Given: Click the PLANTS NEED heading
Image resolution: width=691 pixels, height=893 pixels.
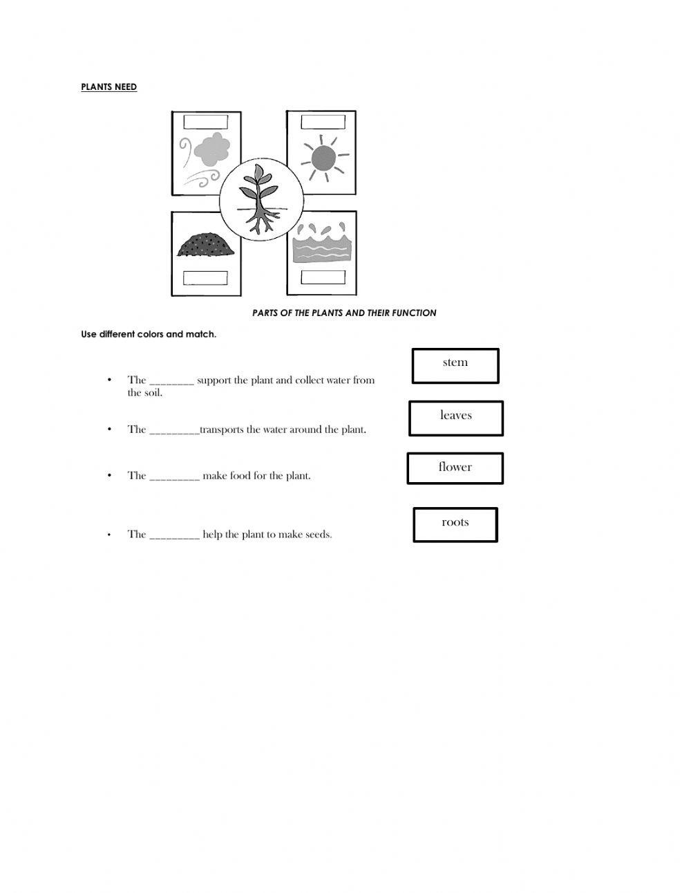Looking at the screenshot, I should pyautogui.click(x=109, y=87).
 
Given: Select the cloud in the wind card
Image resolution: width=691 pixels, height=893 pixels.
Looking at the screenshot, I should pyautogui.click(x=211, y=149).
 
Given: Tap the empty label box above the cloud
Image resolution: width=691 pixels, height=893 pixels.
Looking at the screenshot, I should pyautogui.click(x=206, y=122).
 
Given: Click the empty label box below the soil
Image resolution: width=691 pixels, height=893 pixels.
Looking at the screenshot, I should pyautogui.click(x=205, y=278).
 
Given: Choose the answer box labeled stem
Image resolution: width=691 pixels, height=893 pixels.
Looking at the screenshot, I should pyautogui.click(x=455, y=365).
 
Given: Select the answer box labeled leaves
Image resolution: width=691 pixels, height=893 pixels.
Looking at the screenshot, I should pyautogui.click(x=455, y=418).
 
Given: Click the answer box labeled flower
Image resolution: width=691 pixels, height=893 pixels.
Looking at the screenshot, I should pyautogui.click(x=455, y=468).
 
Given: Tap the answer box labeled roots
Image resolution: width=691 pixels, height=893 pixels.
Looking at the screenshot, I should pyautogui.click(x=455, y=524).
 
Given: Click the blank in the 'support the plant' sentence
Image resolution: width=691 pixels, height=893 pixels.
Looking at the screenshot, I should pyautogui.click(x=171, y=381).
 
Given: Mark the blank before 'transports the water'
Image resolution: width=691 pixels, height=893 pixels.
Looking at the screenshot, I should pyautogui.click(x=174, y=431).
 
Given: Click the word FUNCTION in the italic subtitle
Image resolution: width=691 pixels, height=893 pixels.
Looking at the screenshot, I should pyautogui.click(x=414, y=313).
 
